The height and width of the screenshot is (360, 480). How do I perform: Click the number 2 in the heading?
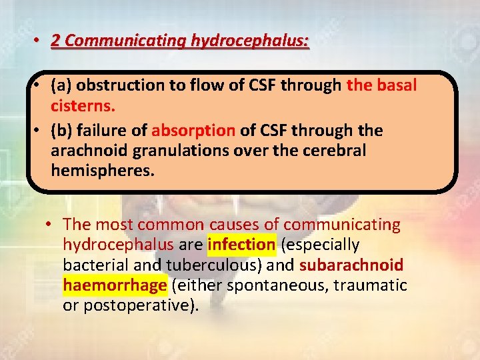56,41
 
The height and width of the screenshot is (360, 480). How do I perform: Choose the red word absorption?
193,129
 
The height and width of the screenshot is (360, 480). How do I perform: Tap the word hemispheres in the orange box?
102,171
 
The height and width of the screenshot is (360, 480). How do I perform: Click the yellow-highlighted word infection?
241,245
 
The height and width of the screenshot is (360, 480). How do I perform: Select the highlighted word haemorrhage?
114,285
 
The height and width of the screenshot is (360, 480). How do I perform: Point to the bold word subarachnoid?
351,265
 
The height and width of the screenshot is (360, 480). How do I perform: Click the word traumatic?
371,285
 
